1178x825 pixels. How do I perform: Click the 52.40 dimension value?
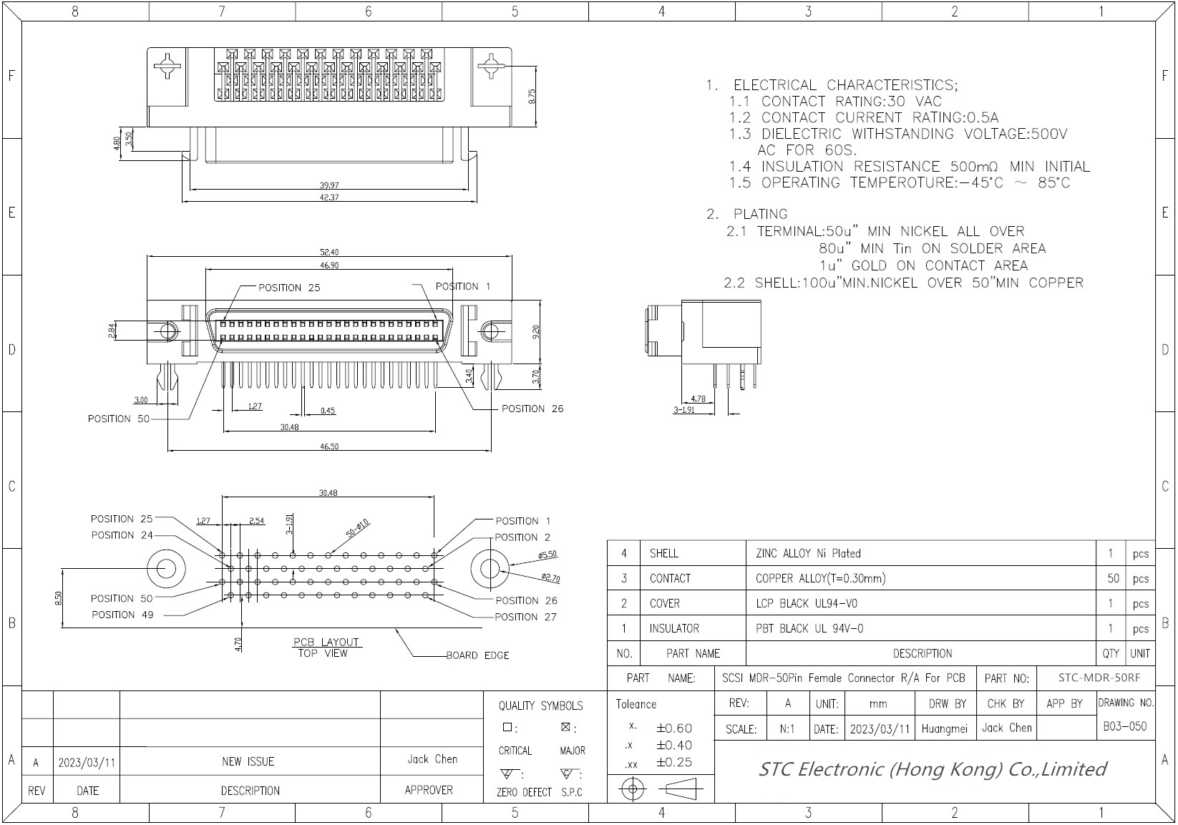[x=329, y=252]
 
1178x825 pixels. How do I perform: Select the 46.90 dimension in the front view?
[x=329, y=265]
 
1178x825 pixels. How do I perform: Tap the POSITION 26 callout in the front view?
[x=532, y=409]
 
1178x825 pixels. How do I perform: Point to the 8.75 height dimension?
[x=532, y=97]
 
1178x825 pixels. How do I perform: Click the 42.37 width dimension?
[x=329, y=197]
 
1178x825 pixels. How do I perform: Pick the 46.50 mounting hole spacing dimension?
[x=329, y=446]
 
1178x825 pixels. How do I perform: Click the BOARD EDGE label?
[x=477, y=655]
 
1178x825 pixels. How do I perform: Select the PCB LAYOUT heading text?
[x=326, y=642]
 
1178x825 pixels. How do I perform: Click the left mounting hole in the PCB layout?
[x=165, y=568]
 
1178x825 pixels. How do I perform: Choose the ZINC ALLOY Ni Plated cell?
[x=808, y=553]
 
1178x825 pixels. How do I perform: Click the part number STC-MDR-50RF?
[x=1099, y=678]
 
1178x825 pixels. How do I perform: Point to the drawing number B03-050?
[x=1124, y=726]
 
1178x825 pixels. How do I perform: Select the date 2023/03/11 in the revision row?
[x=87, y=762]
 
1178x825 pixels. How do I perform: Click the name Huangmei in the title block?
[x=944, y=728]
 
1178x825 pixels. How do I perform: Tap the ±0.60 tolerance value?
[x=673, y=728]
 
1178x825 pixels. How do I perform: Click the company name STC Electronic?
[x=932, y=769]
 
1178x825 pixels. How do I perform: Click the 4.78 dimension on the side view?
[x=698, y=399]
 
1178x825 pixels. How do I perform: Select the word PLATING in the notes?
[x=760, y=214]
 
